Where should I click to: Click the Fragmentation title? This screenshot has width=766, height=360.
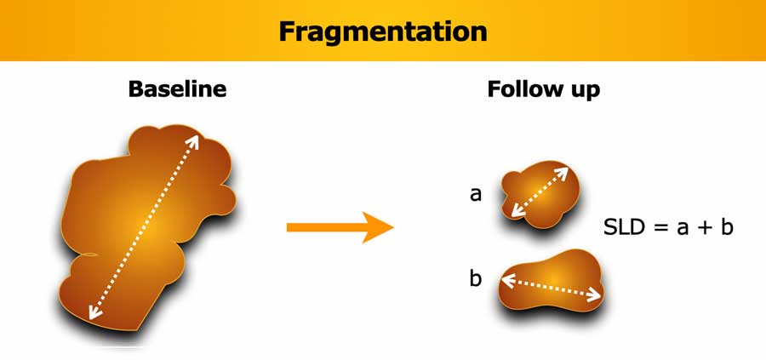click(x=382, y=31)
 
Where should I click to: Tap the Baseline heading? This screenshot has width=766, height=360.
click(x=177, y=89)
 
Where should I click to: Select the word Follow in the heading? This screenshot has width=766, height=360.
click(x=525, y=89)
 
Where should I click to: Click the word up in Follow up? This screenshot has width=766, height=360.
click(x=584, y=91)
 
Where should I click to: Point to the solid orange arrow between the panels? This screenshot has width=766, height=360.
click(x=340, y=227)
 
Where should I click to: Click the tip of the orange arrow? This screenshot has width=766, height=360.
click(x=393, y=227)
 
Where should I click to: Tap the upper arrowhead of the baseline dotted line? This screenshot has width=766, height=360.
click(x=193, y=140)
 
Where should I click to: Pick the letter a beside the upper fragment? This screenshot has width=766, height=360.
click(x=475, y=195)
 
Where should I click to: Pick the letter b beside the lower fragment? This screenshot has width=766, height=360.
click(x=475, y=278)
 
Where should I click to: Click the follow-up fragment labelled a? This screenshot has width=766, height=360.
click(x=540, y=194)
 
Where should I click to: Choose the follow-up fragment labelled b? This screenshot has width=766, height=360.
click(x=551, y=281)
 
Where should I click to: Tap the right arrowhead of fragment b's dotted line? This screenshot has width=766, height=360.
click(x=597, y=295)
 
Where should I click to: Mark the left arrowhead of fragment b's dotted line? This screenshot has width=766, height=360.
click(x=506, y=280)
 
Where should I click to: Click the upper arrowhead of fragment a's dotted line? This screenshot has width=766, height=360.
click(x=563, y=172)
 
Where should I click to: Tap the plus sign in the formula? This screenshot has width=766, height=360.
click(x=703, y=228)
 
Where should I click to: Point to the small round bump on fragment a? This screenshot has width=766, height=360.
click(x=510, y=180)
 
